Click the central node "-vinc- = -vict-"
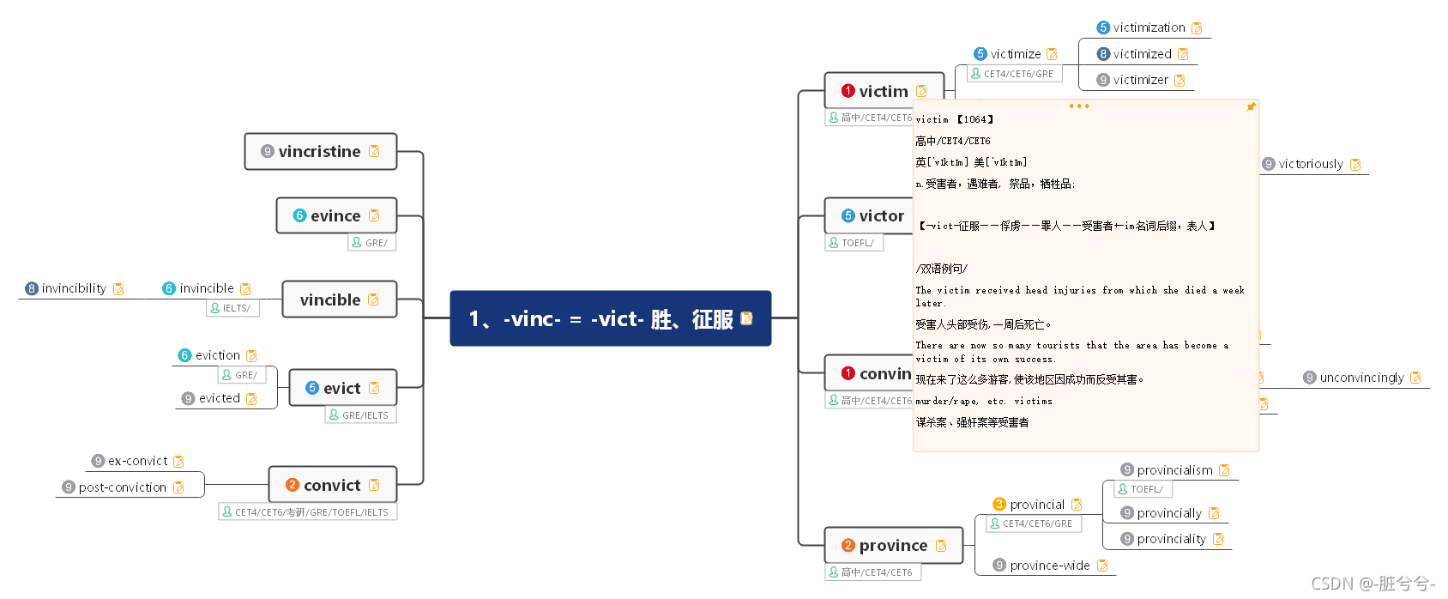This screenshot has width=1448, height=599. (609, 319)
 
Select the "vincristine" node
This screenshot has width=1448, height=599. (320, 152)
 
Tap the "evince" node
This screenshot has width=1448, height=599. (335, 216)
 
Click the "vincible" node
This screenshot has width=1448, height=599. (330, 300)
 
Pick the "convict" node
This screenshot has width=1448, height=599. (332, 486)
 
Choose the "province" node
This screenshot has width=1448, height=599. (893, 546)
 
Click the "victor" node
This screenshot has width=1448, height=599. (881, 216)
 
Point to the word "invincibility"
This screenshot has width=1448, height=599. (74, 288)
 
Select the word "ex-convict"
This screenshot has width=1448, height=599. (137, 461)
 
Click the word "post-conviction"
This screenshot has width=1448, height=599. (123, 487)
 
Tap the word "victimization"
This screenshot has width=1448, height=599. (1149, 27)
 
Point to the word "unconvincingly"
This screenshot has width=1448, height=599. (1361, 378)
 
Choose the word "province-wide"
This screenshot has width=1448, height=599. (1050, 566)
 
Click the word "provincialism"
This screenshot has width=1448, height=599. (1174, 470)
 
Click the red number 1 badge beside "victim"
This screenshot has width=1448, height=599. (848, 91)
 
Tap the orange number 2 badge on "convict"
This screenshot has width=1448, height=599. (293, 485)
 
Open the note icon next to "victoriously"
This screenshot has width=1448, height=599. (1355, 165)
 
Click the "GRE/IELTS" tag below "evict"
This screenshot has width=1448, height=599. (365, 415)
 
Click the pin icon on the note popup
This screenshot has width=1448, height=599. (1251, 107)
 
